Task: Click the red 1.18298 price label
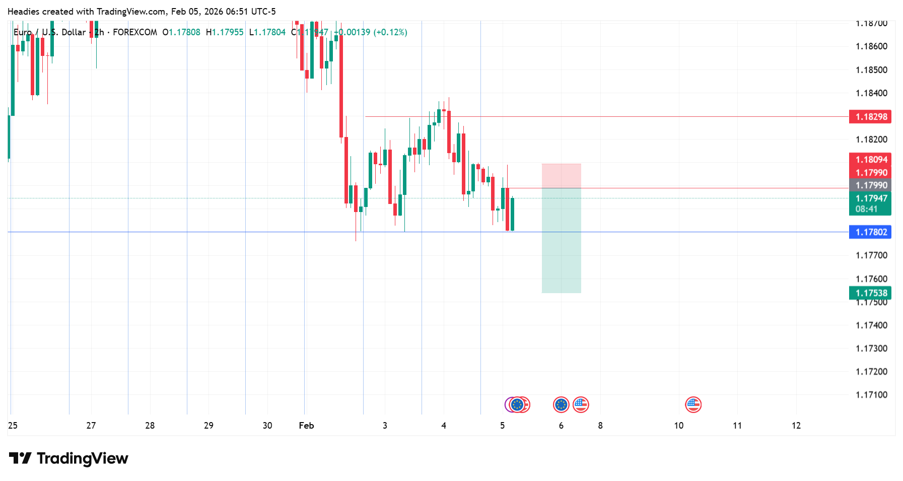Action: [x=870, y=117]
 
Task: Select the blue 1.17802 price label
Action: [x=870, y=232]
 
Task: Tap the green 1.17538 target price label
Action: [x=870, y=293]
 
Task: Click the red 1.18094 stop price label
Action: [x=870, y=160]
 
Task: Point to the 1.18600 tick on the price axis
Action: [x=871, y=46]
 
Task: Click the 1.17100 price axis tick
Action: [x=871, y=395]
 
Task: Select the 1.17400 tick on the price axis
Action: [x=871, y=325]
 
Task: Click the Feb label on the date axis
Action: [x=306, y=426]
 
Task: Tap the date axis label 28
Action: [x=150, y=426]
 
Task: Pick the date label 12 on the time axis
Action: [x=796, y=426]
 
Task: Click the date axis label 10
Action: [x=679, y=426]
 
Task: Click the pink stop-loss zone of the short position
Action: [x=561, y=176]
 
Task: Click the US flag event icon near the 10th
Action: [x=693, y=404]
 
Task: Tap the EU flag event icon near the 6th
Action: [x=561, y=404]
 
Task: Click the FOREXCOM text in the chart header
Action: [x=135, y=32]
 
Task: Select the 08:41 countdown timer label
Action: [x=866, y=209]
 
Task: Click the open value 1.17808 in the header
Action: [x=184, y=32]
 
